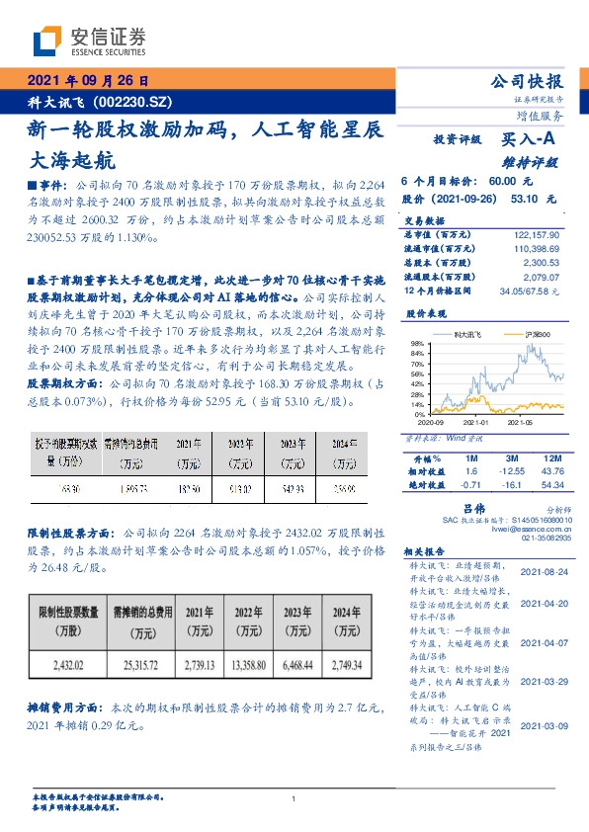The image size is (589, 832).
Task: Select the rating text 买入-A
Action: (529, 141)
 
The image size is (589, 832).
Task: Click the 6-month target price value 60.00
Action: (503, 182)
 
